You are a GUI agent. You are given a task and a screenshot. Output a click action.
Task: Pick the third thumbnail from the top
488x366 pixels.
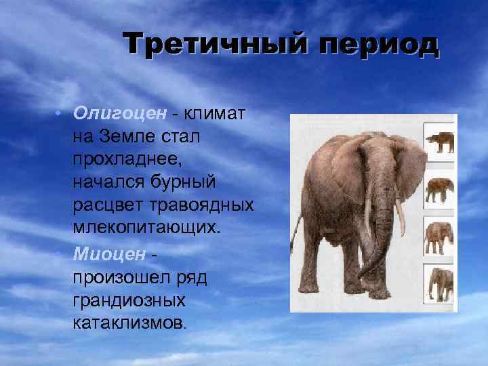[439, 235]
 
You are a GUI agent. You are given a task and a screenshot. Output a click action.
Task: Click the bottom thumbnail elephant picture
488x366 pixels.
[439, 283]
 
